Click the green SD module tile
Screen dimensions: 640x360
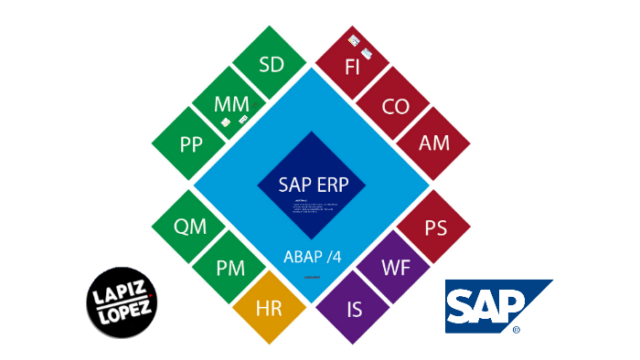click(x=271, y=66)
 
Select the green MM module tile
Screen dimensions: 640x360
click(x=231, y=105)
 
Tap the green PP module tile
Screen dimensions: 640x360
click(x=191, y=144)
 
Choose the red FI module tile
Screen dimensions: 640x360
click(x=353, y=66)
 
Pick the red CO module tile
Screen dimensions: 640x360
click(x=395, y=106)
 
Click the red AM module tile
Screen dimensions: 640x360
click(x=433, y=144)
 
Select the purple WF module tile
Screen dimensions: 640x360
click(x=395, y=269)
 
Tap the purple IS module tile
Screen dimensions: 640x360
click(x=355, y=308)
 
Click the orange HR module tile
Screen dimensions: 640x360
click(x=271, y=308)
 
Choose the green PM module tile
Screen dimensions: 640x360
click(x=230, y=269)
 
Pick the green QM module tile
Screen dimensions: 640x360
click(x=190, y=228)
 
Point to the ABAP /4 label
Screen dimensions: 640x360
click(x=312, y=255)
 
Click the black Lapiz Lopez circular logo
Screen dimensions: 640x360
click(x=122, y=299)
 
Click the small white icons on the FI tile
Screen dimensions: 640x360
click(x=359, y=46)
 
